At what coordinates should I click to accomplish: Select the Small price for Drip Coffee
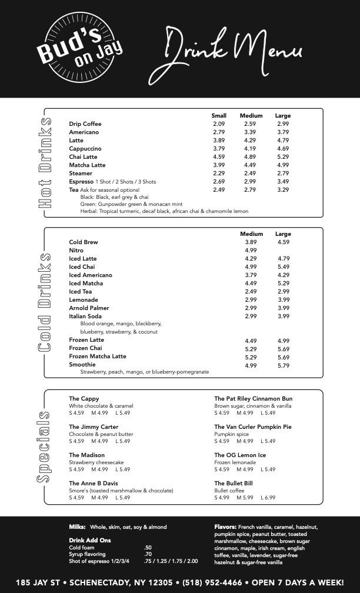[219, 124]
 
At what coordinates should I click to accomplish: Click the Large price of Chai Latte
[283, 157]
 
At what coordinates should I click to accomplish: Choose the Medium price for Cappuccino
[250, 149]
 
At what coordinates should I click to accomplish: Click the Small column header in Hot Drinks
[219, 116]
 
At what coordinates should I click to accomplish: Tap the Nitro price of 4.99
[251, 251]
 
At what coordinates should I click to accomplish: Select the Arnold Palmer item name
[89, 308]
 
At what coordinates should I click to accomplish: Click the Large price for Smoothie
[284, 366]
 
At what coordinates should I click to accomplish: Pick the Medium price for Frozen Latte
[251, 341]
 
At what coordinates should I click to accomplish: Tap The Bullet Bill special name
[234, 484]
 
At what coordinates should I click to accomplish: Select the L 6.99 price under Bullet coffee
[268, 498]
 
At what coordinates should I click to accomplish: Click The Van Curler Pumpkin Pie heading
[253, 427]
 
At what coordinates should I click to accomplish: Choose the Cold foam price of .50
[148, 547]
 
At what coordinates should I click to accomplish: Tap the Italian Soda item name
[85, 317]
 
